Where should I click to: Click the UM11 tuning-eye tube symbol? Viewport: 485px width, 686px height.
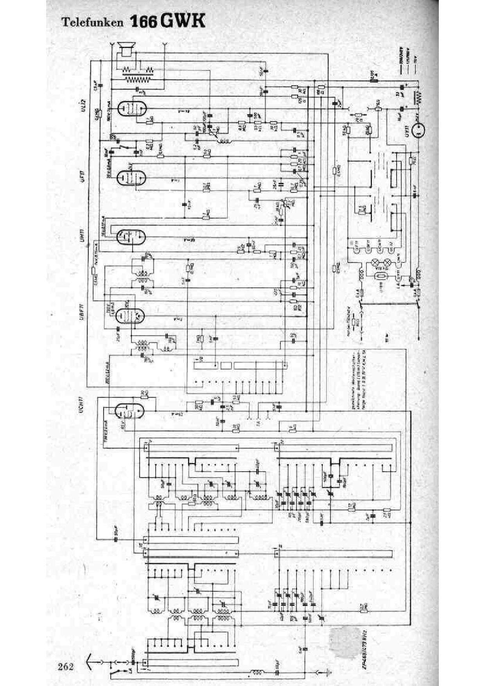[x=131, y=236]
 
